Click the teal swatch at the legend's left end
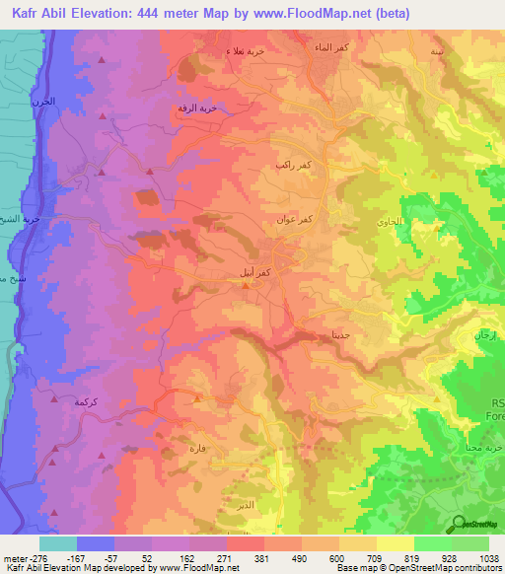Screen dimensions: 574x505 point(58,542)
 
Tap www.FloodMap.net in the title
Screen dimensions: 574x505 point(318,13)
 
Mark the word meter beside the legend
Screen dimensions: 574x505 point(18,557)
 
